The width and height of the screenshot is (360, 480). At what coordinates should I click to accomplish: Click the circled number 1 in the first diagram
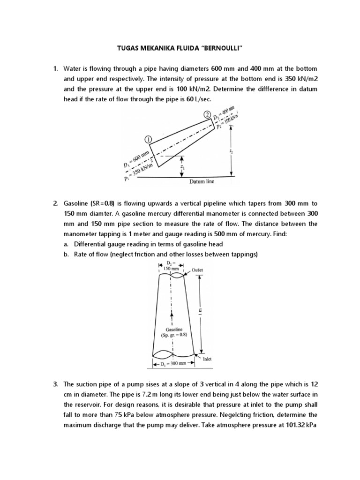click(148, 139)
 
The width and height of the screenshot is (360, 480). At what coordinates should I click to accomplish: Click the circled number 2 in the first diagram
click(207, 114)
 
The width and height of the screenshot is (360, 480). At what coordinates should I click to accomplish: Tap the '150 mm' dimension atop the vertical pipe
click(171, 269)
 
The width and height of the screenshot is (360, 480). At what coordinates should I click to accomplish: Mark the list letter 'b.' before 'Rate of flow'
click(66, 254)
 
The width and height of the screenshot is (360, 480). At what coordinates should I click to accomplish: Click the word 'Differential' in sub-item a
click(92, 244)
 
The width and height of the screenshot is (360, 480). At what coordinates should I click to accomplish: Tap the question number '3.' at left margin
click(56, 384)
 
